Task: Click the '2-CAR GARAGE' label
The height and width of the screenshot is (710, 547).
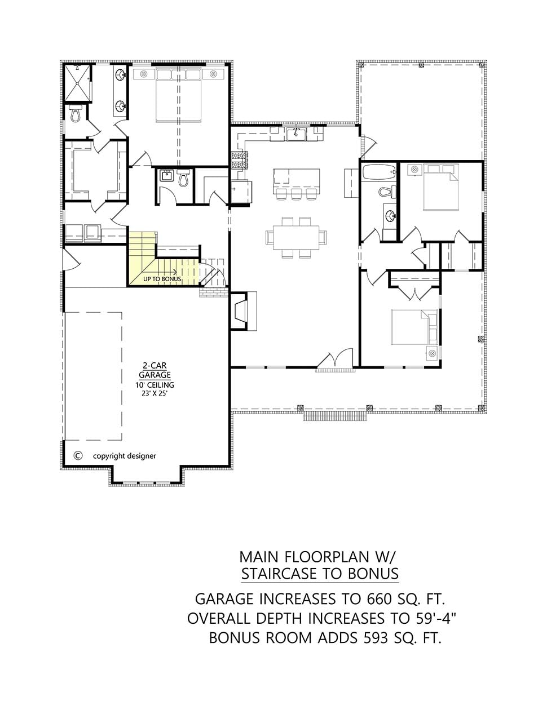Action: point(155,370)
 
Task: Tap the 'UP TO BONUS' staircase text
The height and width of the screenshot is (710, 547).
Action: point(162,279)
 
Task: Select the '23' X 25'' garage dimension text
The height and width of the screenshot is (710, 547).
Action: point(155,394)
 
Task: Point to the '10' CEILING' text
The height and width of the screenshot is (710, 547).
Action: point(155,385)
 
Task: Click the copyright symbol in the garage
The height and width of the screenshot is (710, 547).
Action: point(78,455)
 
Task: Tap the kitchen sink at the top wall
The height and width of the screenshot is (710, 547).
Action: point(296,134)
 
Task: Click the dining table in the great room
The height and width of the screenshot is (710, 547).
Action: point(296,237)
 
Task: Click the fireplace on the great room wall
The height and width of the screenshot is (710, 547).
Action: point(244,310)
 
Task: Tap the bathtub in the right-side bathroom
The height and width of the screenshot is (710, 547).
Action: point(379,171)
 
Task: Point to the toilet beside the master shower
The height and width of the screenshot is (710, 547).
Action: point(76,113)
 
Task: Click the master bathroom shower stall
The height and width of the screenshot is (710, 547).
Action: point(77,83)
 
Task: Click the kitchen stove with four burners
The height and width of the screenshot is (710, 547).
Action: point(240,160)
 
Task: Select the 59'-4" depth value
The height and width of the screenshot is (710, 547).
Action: point(436,618)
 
